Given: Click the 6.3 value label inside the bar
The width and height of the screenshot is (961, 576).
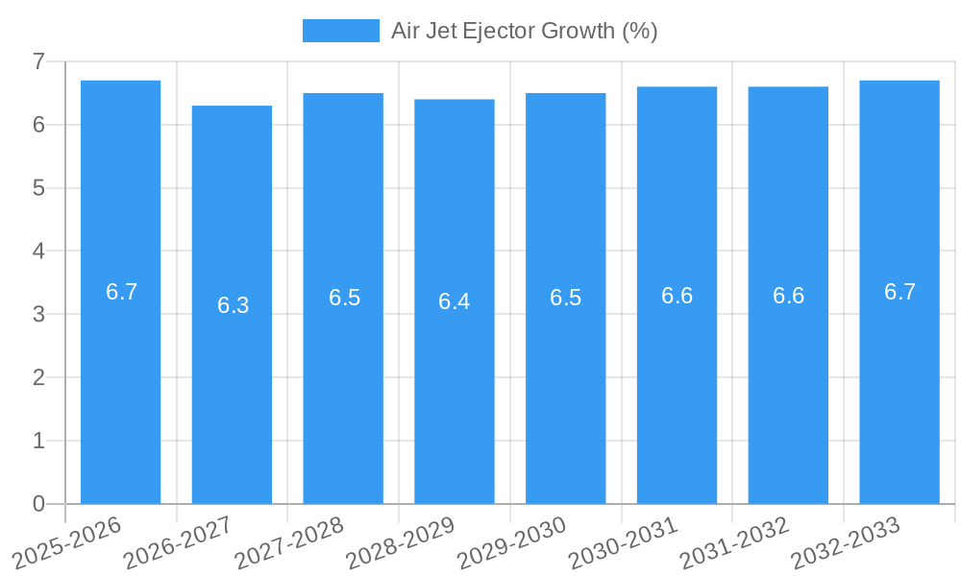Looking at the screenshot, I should tap(233, 305).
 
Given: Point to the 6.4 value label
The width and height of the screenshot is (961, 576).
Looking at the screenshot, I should tap(454, 301).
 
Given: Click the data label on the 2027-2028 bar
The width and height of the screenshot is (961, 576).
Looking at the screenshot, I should tap(344, 298).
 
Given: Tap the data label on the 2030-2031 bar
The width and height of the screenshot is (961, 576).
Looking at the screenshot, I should tap(677, 296).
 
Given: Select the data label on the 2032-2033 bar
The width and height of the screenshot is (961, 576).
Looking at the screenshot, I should tap(899, 292).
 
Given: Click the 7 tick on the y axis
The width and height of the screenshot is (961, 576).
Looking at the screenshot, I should tap(38, 61).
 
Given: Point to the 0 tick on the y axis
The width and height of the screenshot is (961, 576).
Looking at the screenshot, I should tap(38, 504).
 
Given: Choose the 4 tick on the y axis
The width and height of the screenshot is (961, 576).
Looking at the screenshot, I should tap(38, 252).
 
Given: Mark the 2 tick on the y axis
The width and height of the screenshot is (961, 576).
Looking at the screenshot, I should tap(38, 377).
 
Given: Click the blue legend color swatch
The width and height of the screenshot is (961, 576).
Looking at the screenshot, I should tap(340, 31).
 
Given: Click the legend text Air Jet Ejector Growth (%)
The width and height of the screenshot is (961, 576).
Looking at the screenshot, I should tap(524, 31).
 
